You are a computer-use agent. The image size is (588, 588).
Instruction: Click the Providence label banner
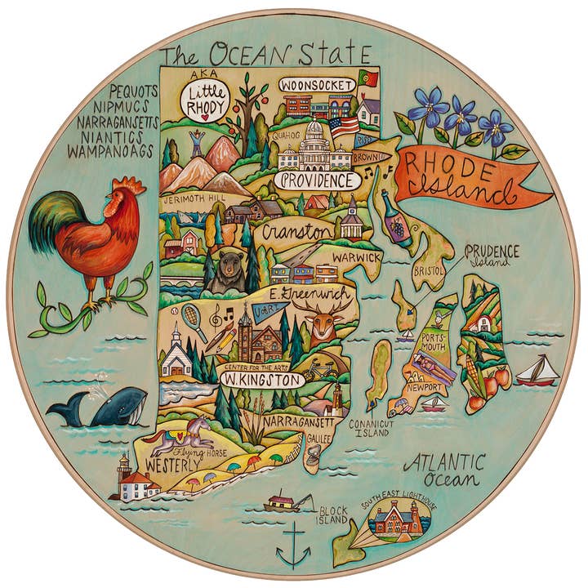pyautogui.click(x=317, y=180)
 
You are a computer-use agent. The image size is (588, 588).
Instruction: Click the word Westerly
pyautogui.click(x=172, y=466)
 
